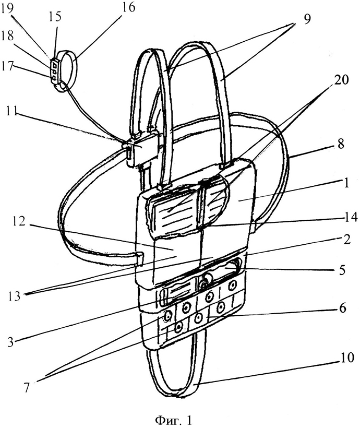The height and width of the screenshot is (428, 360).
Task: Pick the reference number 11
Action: pos(13,111)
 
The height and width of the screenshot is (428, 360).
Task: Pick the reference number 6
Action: pos(342,308)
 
